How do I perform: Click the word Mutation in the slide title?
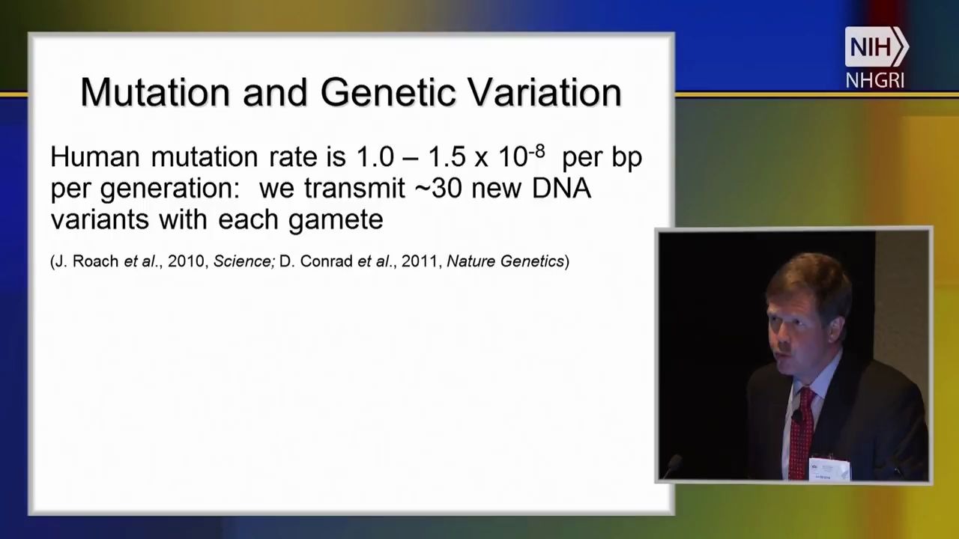154,92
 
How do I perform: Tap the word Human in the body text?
95,157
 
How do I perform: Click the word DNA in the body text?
561,189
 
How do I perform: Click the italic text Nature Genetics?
505,261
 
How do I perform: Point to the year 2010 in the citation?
186,261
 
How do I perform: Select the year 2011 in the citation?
420,261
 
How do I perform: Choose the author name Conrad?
326,261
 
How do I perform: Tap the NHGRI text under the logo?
874,80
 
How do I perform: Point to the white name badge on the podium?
829,469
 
